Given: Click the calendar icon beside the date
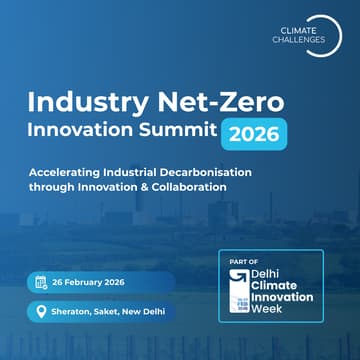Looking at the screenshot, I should point(41,282).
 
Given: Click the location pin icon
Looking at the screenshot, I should point(41,312).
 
